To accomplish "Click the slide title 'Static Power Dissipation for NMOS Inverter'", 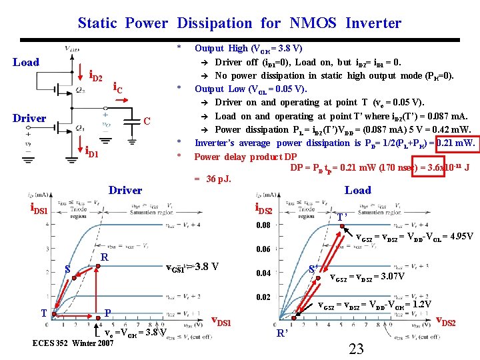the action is [x=239, y=23].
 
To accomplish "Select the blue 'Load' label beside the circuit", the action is [x=26, y=62].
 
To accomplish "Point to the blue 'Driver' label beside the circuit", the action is [x=29, y=118].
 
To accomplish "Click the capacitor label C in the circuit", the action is [x=149, y=121].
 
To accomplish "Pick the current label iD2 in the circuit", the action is [x=95, y=77].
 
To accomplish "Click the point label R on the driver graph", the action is [x=104, y=257].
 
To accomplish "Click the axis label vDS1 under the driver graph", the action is [x=221, y=322].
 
